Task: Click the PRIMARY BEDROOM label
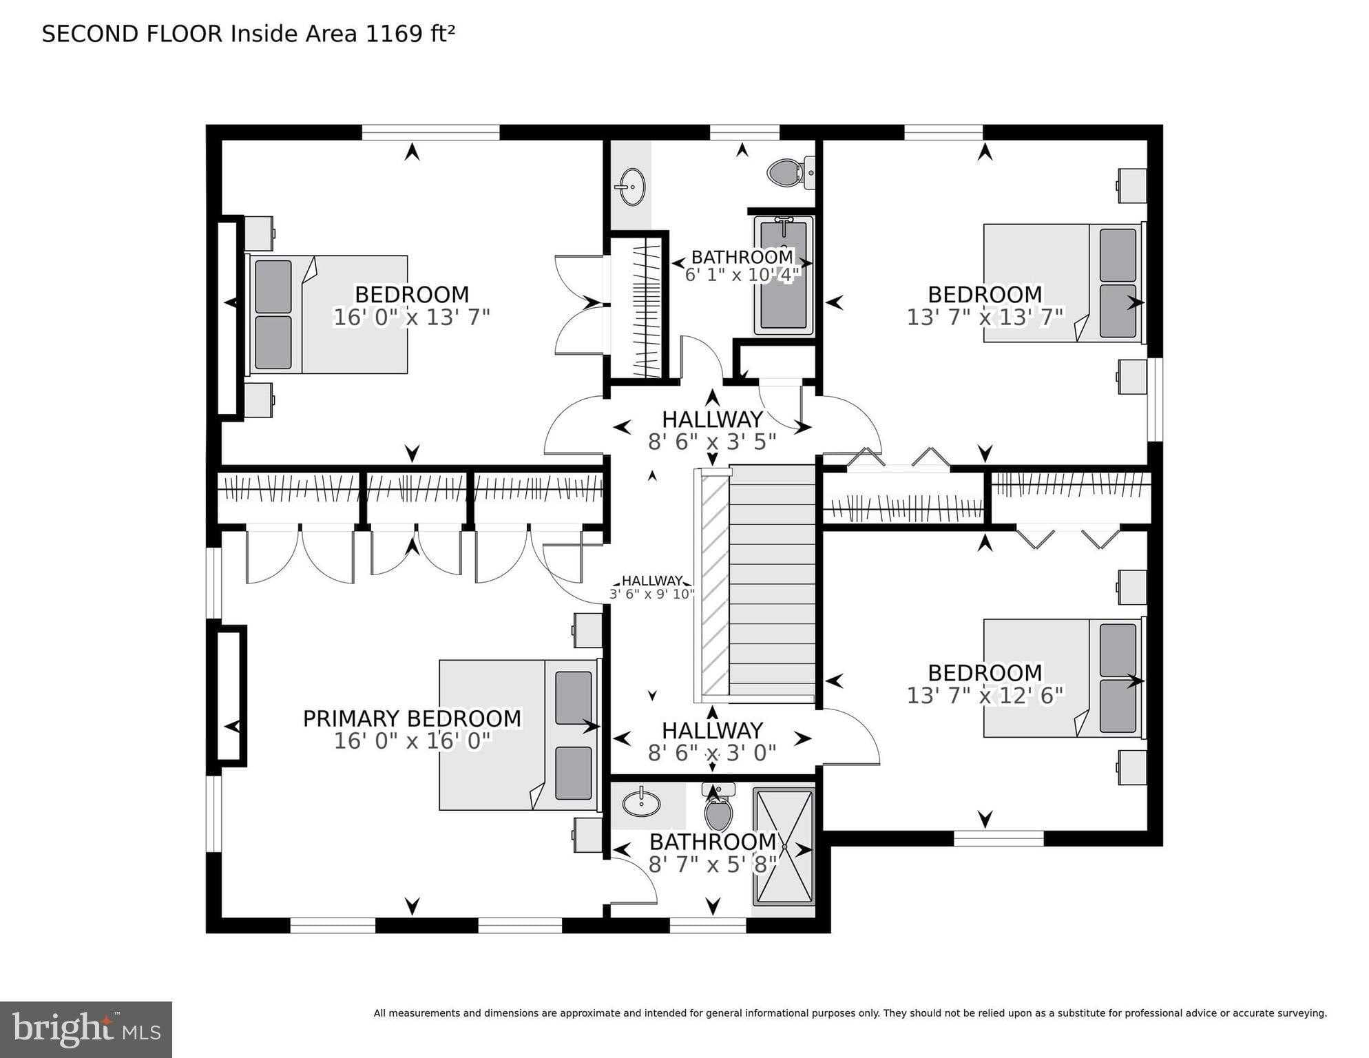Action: click(x=412, y=718)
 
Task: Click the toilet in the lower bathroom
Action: click(x=719, y=809)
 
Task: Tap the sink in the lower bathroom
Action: click(x=641, y=802)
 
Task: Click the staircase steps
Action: click(x=771, y=582)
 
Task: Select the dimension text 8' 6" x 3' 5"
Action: click(x=712, y=442)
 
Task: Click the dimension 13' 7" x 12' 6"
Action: click(x=985, y=696)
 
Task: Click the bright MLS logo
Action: click(x=85, y=1030)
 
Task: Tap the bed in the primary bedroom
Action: click(x=518, y=735)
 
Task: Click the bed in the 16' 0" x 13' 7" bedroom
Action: click(x=329, y=315)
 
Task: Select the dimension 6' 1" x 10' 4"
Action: click(x=742, y=275)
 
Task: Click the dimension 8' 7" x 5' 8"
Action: click(x=712, y=864)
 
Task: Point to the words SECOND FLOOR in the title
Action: click(x=132, y=34)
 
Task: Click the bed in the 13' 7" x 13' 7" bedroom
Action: click(x=1060, y=283)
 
